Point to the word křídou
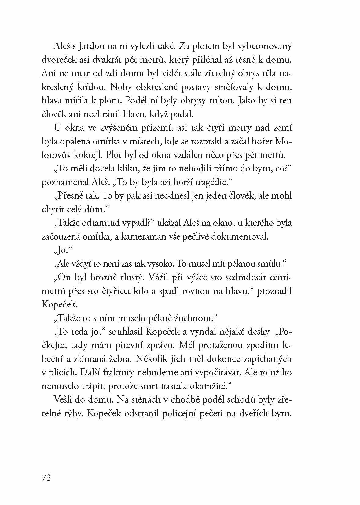click(88, 87)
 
